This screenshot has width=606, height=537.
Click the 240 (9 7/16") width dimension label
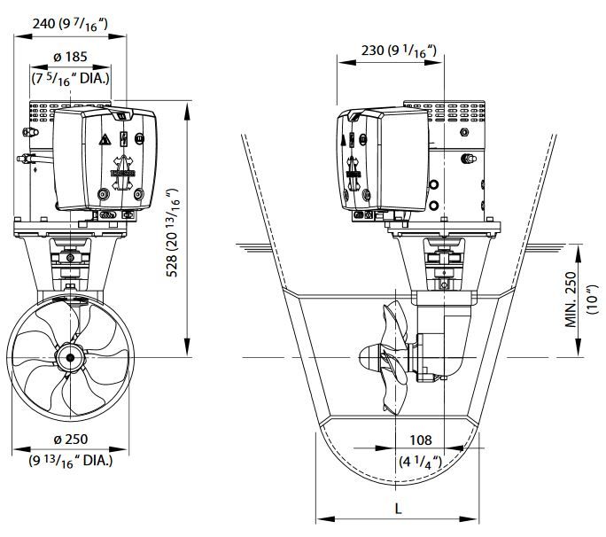[70, 24]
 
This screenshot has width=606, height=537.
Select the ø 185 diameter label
[70, 57]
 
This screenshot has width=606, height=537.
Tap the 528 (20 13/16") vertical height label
[173, 232]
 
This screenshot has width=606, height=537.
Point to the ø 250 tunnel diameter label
[71, 440]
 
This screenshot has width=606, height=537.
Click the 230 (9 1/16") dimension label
[400, 51]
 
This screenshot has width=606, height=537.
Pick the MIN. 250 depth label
[571, 300]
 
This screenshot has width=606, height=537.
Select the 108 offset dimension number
[421, 440]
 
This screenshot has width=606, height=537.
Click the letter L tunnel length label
[398, 509]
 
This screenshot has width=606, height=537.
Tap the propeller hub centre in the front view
[70, 358]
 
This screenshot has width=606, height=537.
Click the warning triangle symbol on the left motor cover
[105, 139]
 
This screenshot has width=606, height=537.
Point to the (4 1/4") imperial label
[421, 462]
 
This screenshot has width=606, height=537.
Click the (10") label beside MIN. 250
[592, 300]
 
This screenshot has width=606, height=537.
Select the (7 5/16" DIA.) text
[70, 79]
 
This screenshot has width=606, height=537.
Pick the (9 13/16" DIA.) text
[71, 461]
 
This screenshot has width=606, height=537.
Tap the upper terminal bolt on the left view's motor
[30, 132]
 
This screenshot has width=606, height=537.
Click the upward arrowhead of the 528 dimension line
[188, 110]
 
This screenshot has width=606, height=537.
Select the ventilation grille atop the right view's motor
[445, 112]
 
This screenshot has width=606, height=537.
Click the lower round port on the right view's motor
[434, 205]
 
